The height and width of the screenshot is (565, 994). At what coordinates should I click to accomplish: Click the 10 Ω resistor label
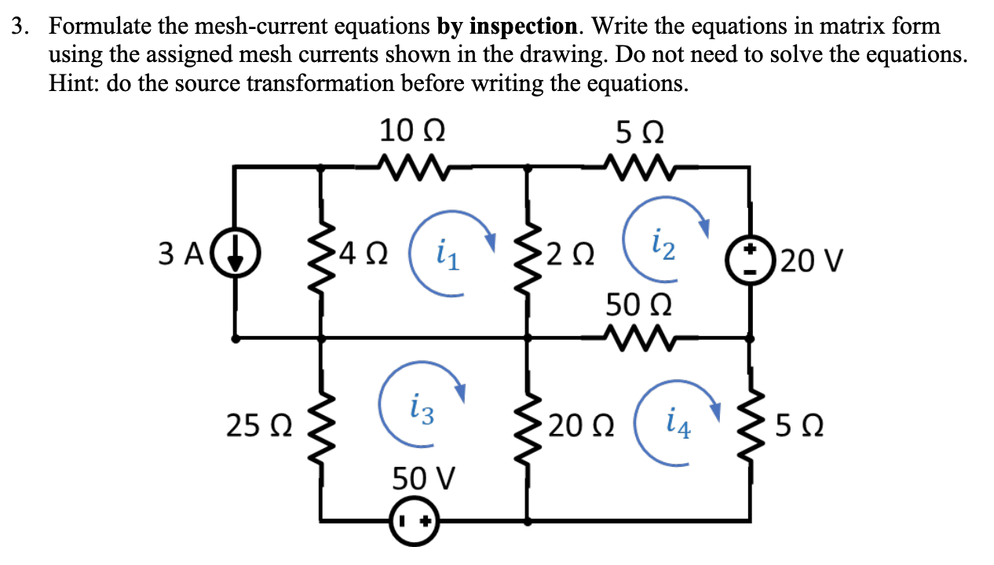412,130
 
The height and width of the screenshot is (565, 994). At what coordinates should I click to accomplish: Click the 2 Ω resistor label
572,254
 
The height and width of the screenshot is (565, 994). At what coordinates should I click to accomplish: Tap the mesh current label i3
421,409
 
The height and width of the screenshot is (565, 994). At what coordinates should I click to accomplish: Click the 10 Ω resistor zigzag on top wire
412,166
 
